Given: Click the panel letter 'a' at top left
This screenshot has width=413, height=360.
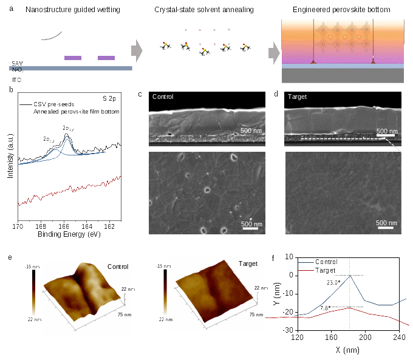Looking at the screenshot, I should coord(10,9).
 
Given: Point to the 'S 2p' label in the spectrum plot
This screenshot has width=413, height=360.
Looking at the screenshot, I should coord(109,97).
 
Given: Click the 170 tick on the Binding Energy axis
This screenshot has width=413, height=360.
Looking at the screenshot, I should coord(18,226).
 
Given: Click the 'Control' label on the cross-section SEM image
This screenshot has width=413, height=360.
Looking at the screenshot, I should coord(163,96).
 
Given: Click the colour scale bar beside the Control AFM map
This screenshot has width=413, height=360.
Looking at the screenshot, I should coord(34,293).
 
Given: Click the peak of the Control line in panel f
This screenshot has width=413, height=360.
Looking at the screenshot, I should coord(349,276).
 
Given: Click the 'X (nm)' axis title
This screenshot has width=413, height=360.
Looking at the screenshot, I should coord(348,350).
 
